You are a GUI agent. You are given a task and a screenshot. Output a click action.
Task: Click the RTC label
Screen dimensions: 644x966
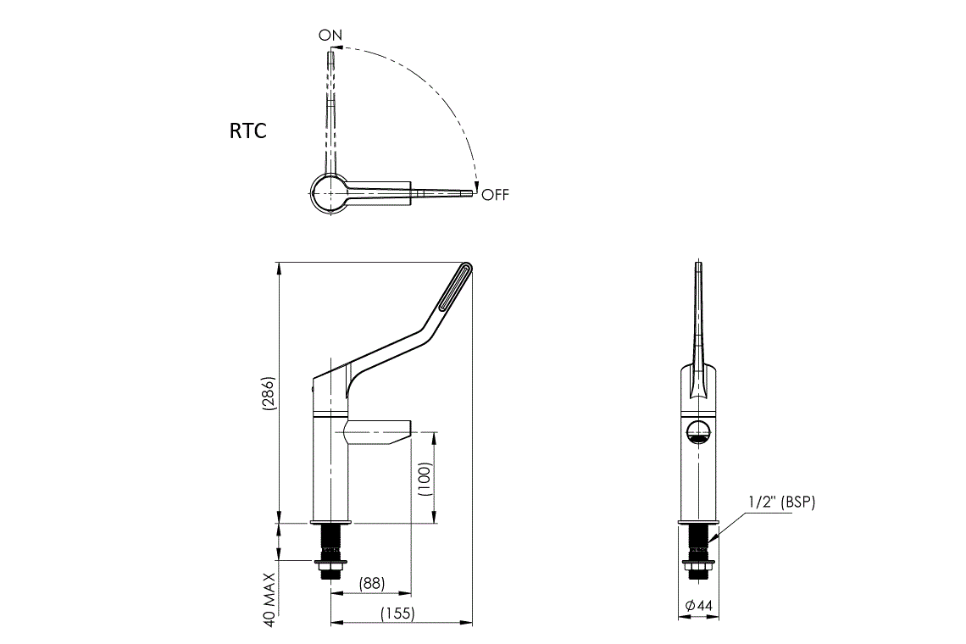coord(247,131)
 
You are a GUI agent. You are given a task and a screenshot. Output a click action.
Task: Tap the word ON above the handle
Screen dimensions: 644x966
coord(330,36)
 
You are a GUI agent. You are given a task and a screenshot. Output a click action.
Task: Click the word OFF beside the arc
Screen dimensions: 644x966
coord(496,195)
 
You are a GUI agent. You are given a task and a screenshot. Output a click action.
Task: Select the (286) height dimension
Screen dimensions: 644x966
coord(269,394)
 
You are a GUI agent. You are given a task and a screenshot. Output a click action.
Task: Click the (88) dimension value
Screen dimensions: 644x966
coord(371,583)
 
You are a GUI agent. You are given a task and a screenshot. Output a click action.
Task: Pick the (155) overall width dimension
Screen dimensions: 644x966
coord(397,613)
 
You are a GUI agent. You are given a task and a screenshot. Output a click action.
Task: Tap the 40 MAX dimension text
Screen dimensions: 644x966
coord(269,598)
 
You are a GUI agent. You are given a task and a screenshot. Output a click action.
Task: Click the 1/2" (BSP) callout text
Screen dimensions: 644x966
coord(781,502)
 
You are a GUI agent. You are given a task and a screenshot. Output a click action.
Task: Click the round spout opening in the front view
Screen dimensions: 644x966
coord(697,431)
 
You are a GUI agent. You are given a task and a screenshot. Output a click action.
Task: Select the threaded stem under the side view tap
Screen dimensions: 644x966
coord(330,541)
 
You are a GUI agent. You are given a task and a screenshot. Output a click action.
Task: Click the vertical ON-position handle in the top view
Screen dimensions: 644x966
coord(331,110)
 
